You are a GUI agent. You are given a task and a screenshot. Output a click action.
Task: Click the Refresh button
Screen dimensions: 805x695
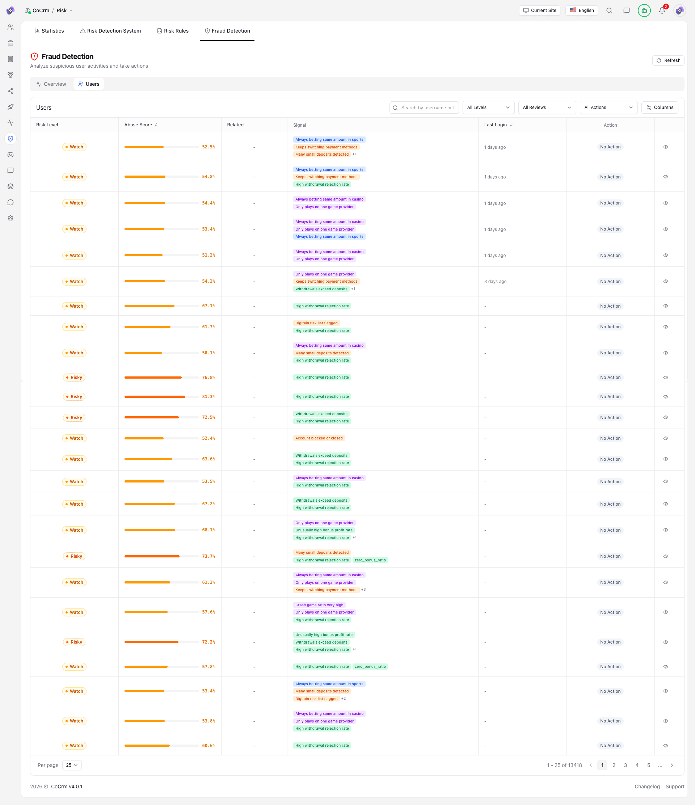(668, 60)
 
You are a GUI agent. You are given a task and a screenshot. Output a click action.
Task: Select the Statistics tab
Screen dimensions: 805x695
(49, 31)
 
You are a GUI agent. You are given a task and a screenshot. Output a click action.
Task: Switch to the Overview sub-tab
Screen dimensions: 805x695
(51, 84)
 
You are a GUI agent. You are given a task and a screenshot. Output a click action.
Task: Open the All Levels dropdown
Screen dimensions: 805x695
(488, 108)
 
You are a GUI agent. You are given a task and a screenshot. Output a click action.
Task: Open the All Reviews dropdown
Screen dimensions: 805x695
(546, 108)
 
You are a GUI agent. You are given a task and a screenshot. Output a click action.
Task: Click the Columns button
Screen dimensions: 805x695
(660, 108)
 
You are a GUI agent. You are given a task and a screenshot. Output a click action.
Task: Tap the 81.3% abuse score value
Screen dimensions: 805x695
(208, 397)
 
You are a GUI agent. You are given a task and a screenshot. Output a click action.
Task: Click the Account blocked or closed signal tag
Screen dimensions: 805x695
(319, 438)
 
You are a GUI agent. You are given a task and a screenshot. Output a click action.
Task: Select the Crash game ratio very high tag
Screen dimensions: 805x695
(319, 605)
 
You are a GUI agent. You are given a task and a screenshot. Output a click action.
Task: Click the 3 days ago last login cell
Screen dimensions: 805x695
(495, 281)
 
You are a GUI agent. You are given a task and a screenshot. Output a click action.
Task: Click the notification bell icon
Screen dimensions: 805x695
(662, 10)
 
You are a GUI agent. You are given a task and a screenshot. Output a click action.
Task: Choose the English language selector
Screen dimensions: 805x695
(581, 10)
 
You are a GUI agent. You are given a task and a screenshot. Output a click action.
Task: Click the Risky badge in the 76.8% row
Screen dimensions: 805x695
(74, 377)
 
